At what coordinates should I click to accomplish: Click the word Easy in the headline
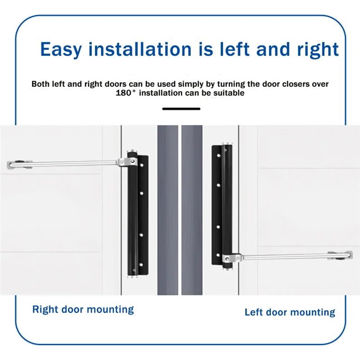61,49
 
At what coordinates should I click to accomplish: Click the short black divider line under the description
181,108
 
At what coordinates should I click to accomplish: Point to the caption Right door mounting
83,310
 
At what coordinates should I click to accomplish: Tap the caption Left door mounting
290,312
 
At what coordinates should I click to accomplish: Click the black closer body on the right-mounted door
132,216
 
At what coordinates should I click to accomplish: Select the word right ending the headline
315,49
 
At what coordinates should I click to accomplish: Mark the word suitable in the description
228,93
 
